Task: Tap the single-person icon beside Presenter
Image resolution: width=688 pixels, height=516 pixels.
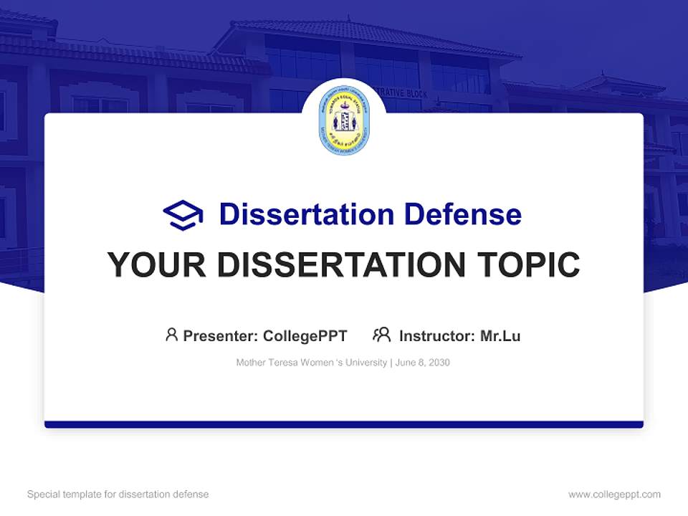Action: pyautogui.click(x=171, y=335)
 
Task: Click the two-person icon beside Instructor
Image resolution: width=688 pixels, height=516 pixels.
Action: pyautogui.click(x=381, y=335)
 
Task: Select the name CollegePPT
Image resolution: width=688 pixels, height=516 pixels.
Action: pyautogui.click(x=305, y=335)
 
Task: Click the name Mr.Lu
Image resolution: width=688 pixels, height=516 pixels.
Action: pyautogui.click(x=500, y=335)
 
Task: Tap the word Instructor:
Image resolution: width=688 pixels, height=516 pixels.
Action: pyautogui.click(x=436, y=335)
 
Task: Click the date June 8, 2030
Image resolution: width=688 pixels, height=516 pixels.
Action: pyautogui.click(x=423, y=363)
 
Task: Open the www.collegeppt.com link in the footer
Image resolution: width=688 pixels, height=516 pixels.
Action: pyautogui.click(x=614, y=494)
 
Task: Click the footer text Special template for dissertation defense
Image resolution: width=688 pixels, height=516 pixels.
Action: pyautogui.click(x=118, y=494)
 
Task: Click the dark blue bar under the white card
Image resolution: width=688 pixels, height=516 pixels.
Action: pyautogui.click(x=343, y=424)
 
